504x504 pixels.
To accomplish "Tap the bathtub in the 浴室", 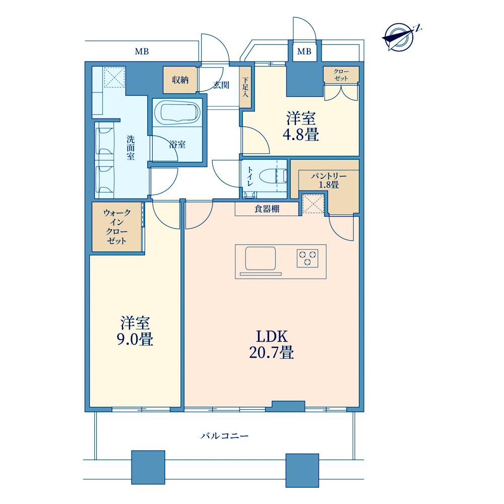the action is coord(177,112).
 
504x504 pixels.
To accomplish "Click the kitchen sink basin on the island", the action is coord(261,258).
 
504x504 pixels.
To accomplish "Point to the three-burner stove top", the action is coord(307,258).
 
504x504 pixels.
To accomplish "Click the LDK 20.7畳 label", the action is coord(272,344).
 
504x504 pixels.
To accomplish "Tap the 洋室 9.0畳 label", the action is coord(135,331).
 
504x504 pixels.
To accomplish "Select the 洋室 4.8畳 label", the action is coord(301,127).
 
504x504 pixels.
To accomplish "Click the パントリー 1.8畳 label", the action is coord(329,180).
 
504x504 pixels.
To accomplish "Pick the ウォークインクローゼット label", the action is coord(117,227).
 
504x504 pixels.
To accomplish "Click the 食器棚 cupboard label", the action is coord(267,209).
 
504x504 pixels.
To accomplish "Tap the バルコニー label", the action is coord(225,436).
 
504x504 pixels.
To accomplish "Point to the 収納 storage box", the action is coord(180,80).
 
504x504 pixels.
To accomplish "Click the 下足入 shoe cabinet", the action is coord(246,87).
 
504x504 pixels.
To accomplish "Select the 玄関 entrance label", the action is coord(221,85).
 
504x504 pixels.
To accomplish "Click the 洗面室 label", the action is coord(131,148).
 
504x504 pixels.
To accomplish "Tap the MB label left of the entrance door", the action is coord(142,51).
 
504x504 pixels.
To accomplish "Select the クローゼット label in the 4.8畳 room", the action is coord(341,75).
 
